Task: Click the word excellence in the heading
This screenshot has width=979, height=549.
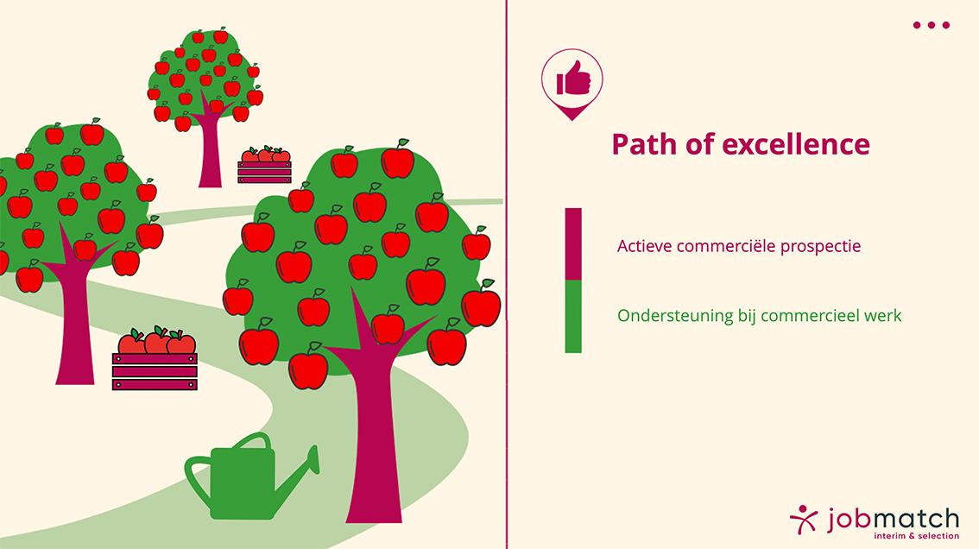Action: point(796,144)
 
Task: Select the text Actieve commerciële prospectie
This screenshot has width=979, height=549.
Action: point(739,246)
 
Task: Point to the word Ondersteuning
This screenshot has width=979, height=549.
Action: point(675,315)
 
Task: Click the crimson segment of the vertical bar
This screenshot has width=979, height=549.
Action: point(573,244)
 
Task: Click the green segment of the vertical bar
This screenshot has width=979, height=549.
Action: point(573,317)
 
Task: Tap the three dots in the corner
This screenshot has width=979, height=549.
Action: point(931,25)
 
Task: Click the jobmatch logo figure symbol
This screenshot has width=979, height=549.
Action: point(804,519)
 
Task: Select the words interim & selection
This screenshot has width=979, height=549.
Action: point(917,536)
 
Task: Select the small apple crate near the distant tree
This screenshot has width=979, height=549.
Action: point(265,165)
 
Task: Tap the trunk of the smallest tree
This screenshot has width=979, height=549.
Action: point(211,150)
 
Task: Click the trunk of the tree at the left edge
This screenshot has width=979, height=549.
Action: point(75,325)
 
